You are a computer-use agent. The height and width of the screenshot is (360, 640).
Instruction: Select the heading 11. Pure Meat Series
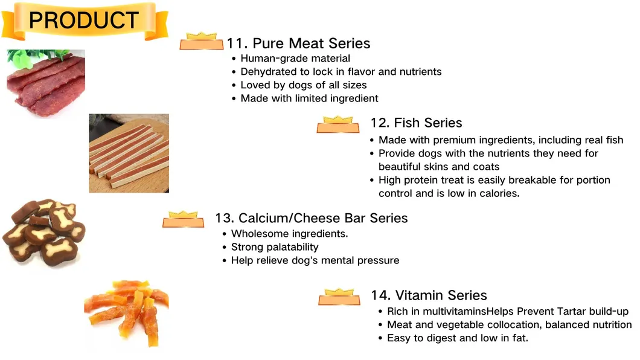(298, 43)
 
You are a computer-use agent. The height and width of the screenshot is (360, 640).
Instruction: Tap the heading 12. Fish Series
(416, 123)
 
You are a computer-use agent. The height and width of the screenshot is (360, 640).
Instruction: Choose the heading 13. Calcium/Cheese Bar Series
(311, 218)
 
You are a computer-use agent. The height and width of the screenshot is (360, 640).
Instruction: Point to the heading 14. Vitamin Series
(429, 295)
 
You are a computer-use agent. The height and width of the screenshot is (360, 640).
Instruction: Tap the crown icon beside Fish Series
(338, 124)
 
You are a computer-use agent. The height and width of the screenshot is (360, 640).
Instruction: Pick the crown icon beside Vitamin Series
(339, 297)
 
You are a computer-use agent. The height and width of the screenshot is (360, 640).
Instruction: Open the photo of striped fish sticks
(129, 153)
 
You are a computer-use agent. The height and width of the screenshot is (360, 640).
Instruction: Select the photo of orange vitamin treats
(126, 314)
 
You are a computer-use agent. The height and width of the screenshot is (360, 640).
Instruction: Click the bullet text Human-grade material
(295, 59)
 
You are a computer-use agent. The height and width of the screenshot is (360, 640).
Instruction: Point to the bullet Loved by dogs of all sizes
(303, 85)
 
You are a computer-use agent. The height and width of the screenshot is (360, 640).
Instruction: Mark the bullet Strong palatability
(275, 247)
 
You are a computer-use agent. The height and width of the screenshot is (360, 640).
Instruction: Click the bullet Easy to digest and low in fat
(457, 338)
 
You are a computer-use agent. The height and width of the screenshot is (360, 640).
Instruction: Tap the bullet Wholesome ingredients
(289, 234)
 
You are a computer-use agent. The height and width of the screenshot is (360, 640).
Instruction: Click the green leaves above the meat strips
(24, 57)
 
